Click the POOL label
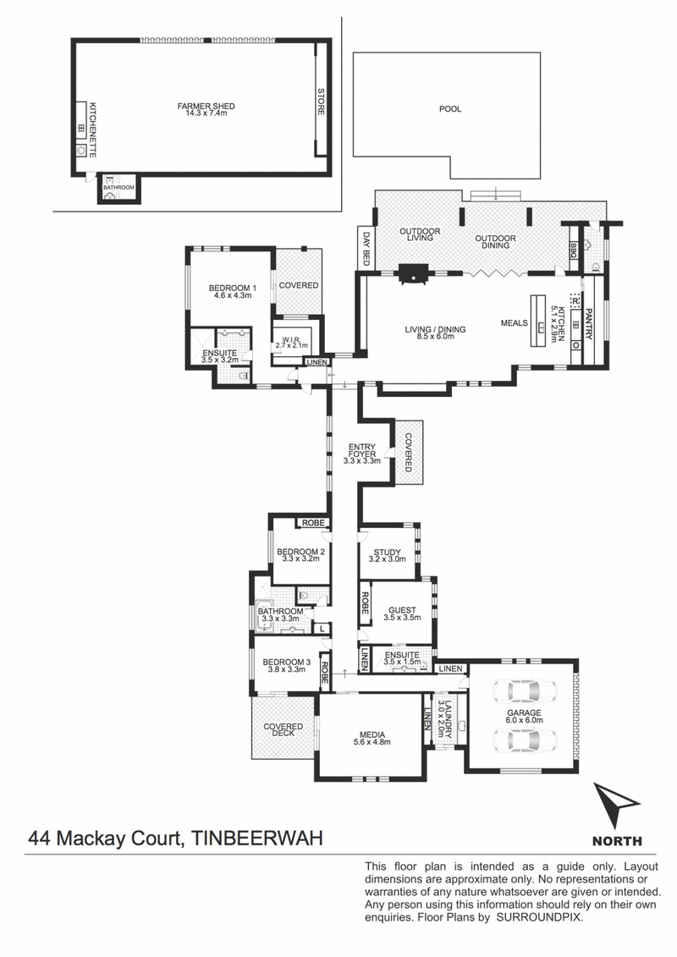point(450,109)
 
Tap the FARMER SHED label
point(206,107)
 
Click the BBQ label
point(573,250)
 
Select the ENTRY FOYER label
point(362,450)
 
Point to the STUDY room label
point(387,553)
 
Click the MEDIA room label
point(372,734)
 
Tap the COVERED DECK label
point(283,730)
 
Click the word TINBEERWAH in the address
point(257,838)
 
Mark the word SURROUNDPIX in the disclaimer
point(539,917)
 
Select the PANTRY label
point(588,323)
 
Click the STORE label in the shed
point(321,102)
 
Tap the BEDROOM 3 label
point(287,662)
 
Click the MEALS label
point(514,323)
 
